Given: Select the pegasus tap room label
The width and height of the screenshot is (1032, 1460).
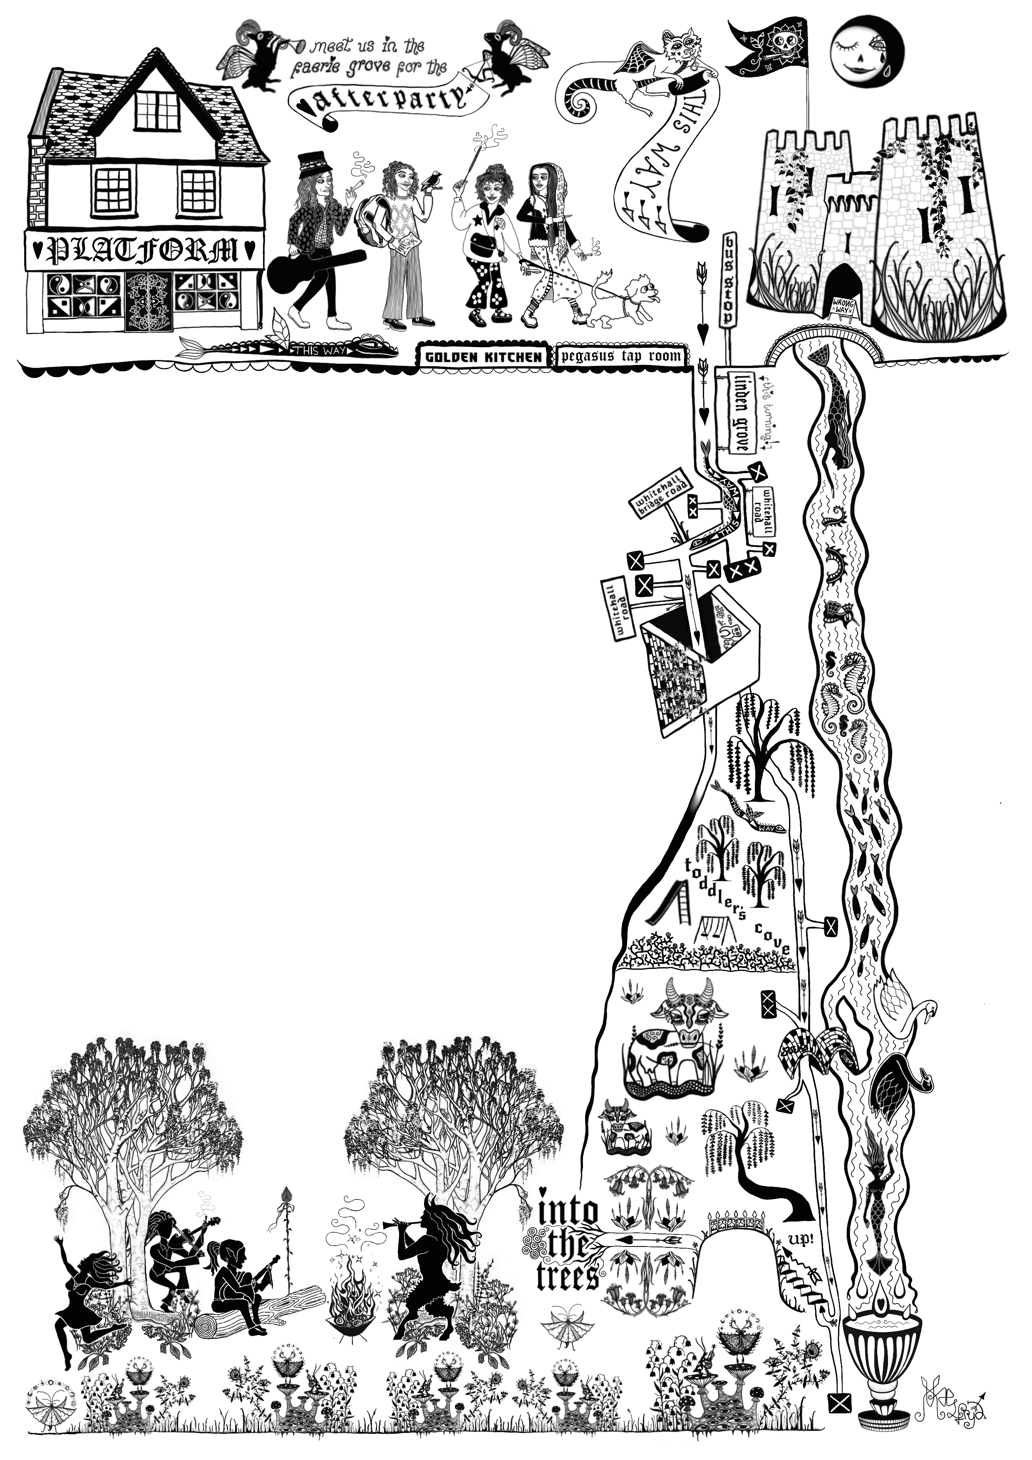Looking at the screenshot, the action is (621, 356).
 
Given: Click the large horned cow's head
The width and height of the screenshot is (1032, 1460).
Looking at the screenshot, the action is (689, 1012).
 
